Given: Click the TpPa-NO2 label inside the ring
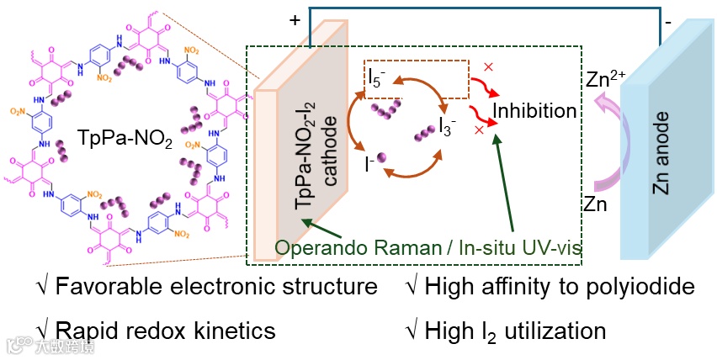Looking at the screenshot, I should (125, 138).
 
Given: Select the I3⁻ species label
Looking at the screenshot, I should (448, 126).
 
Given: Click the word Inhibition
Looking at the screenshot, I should (534, 111).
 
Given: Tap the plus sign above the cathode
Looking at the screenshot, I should (294, 23).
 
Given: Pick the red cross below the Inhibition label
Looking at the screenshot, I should (479, 130).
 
